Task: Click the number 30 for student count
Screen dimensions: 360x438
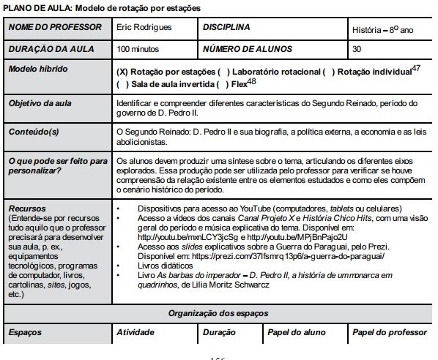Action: [x=357, y=49]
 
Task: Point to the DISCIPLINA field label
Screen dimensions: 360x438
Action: [x=226, y=28]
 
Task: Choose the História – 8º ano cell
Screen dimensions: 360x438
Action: [x=382, y=30]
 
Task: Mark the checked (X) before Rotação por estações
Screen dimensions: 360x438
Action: [x=123, y=72]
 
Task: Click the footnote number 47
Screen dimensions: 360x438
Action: [x=416, y=68]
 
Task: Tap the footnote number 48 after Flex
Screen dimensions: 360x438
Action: [x=251, y=81]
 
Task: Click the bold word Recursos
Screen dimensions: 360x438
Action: [x=27, y=208]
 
